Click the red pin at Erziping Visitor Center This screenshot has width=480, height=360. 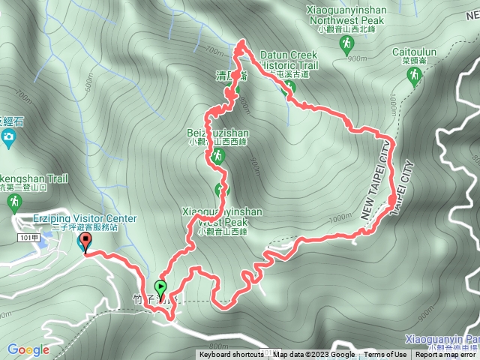[84, 242]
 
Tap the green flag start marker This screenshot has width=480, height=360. [160, 286]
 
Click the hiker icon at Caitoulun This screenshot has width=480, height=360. [413, 76]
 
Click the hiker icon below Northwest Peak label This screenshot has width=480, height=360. [346, 47]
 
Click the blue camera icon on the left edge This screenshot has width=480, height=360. [9, 136]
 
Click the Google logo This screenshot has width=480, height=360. [28, 349]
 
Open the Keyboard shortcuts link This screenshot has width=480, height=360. [231, 355]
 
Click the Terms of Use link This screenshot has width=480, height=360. [385, 355]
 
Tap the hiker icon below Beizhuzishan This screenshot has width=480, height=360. [217, 156]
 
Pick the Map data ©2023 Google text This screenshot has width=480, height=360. [314, 355]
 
